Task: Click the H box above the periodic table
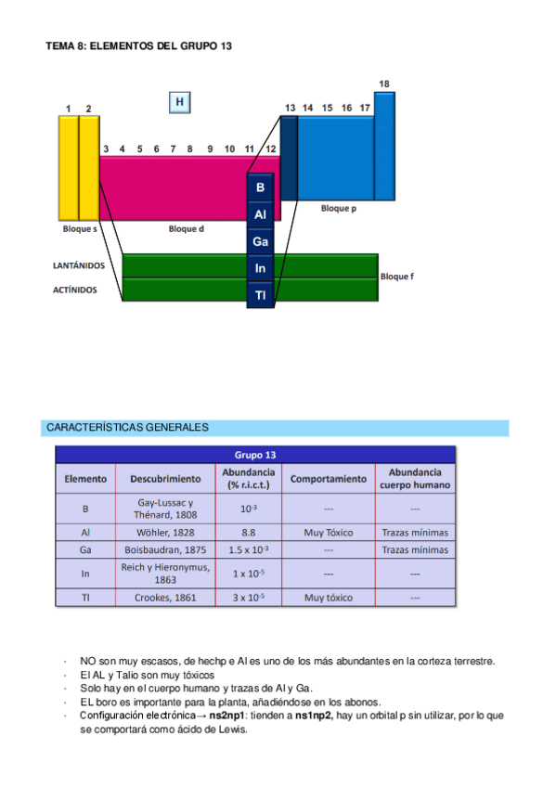180,102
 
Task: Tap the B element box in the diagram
261,187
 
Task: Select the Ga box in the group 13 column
261,241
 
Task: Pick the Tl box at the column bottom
261,296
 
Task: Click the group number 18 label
383,84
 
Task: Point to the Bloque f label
398,277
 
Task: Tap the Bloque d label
186,228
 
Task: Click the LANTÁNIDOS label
79,265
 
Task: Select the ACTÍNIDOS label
75,290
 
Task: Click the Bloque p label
339,209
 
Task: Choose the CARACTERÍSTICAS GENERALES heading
127,428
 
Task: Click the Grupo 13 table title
256,455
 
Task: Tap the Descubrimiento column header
165,479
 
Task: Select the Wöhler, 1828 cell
165,533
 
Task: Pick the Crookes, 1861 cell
165,598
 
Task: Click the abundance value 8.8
248,533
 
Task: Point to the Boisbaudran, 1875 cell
165,549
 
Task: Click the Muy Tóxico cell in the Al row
329,533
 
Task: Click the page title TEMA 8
138,45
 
